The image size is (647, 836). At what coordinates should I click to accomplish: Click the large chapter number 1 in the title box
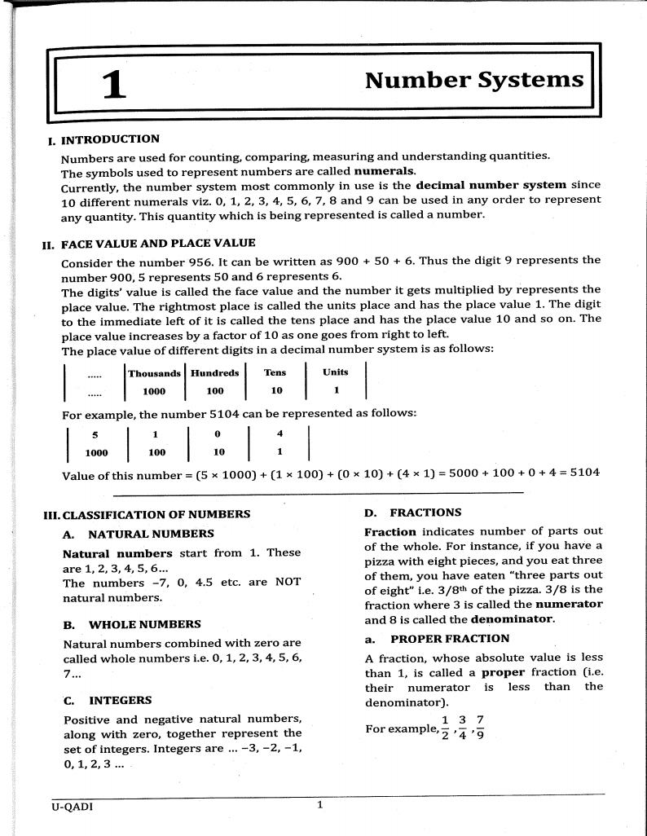click(114, 85)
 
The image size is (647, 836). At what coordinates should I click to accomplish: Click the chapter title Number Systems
click(474, 80)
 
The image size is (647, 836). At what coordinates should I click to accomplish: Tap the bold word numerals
click(385, 171)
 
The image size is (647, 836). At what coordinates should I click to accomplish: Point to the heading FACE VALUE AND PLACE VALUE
click(158, 243)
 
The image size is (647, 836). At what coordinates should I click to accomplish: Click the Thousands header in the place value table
click(155, 373)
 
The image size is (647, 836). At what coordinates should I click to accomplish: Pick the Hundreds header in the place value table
click(215, 373)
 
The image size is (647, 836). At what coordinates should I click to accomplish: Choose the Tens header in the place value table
click(275, 373)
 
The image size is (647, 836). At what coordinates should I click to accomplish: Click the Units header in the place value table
click(335, 372)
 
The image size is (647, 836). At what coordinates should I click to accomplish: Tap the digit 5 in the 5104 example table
click(95, 434)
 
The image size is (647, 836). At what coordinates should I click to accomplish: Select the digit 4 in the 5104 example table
click(279, 433)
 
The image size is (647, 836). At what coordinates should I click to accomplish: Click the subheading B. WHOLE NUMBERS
click(132, 624)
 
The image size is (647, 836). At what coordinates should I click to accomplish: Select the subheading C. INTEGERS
click(108, 700)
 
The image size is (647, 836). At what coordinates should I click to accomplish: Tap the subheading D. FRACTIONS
click(413, 513)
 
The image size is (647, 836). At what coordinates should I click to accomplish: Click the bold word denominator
click(513, 618)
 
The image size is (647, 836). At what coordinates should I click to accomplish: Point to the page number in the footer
click(320, 806)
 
